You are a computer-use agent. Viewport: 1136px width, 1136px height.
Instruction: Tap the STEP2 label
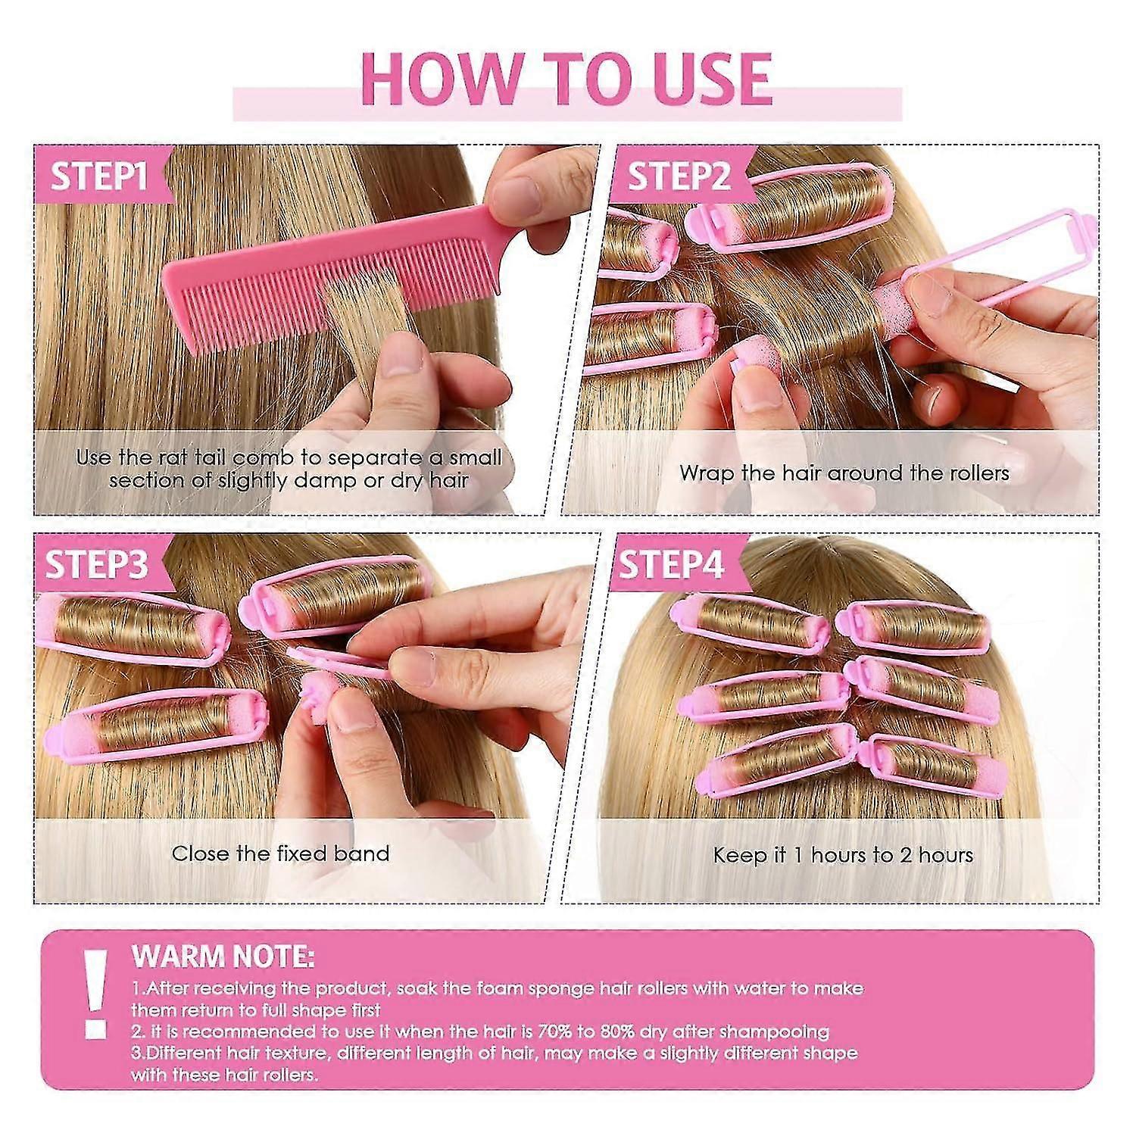679,176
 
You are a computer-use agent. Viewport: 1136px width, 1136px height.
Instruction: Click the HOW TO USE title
566,78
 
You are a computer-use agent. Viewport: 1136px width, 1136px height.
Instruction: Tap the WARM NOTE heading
223,957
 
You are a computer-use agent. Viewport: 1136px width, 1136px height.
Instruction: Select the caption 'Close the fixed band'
280,854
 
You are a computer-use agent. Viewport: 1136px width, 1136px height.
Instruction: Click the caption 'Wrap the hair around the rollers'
844,473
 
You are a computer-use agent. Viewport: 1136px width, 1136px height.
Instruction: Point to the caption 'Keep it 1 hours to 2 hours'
843,855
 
